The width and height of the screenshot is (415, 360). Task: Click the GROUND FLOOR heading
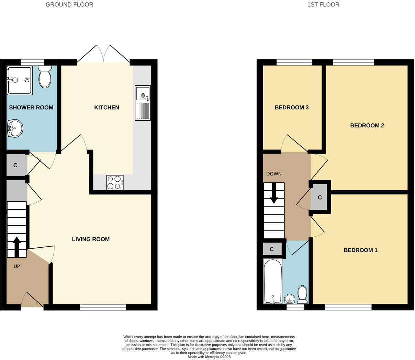click(69, 4)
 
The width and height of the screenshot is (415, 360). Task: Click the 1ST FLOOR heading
click(323, 4)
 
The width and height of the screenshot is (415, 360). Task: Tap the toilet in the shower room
click(45, 77)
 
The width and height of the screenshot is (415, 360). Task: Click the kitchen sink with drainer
click(143, 103)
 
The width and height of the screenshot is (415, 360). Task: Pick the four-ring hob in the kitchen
click(115, 182)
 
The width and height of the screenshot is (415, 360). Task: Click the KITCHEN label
click(106, 108)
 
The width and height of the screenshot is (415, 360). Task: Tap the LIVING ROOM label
click(91, 239)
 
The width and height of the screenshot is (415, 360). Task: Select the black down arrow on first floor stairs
click(274, 193)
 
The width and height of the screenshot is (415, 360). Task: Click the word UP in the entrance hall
click(17, 266)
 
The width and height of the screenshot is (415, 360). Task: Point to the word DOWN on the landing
click(274, 174)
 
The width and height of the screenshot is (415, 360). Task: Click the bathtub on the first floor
click(272, 281)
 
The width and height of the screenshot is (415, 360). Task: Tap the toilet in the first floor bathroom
click(302, 295)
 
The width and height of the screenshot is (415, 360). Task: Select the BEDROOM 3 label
click(292, 108)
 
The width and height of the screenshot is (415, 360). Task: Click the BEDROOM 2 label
click(367, 125)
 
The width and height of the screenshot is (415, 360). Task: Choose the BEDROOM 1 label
click(360, 250)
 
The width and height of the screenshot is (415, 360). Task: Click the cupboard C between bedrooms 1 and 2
click(320, 198)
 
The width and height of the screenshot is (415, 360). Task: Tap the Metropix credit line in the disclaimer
click(209, 357)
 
